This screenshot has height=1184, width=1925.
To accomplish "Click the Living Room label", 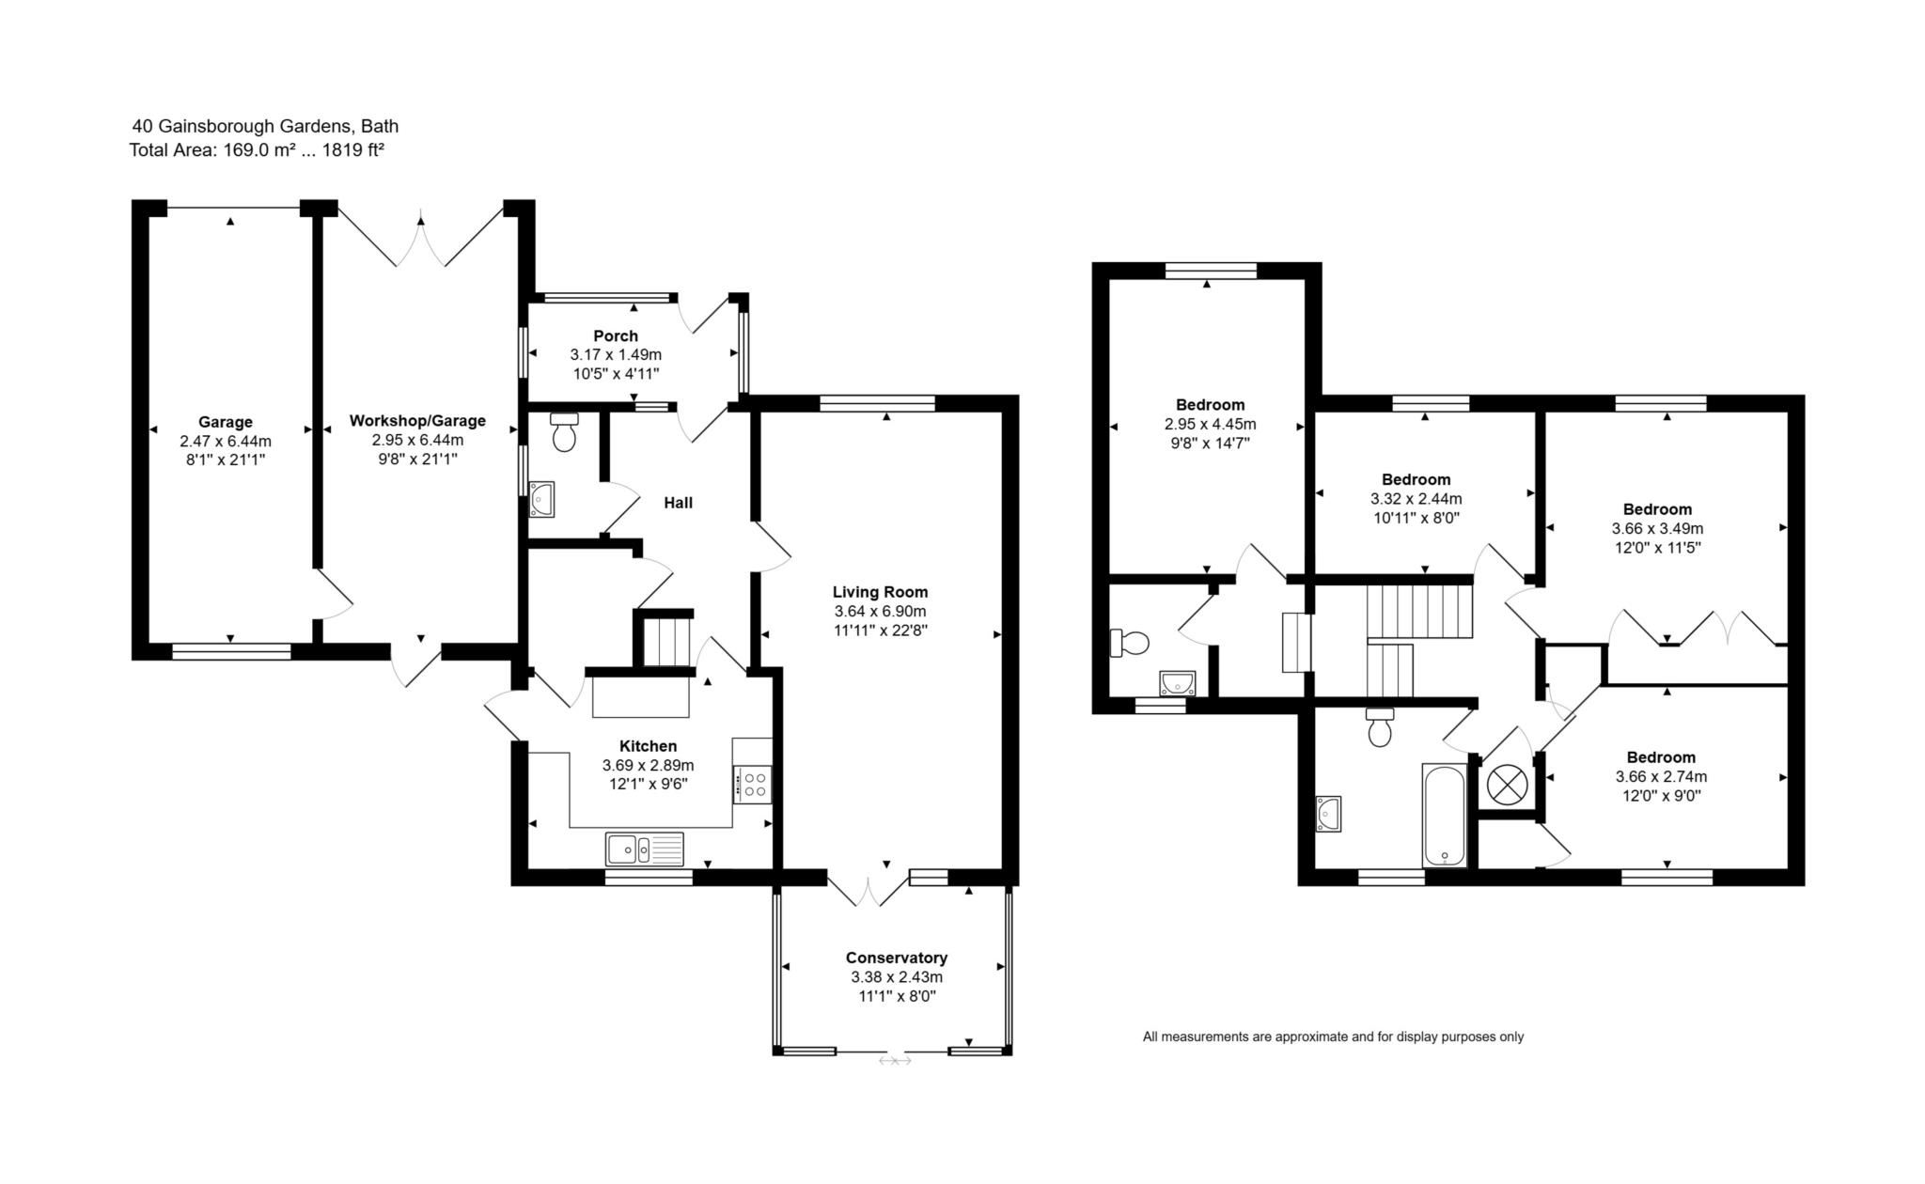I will coord(880,592).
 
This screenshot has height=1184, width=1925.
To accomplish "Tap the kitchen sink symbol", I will coord(645,849).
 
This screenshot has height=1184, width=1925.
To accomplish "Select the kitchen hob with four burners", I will coord(753,784).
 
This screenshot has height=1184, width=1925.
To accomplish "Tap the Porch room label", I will coord(616,335).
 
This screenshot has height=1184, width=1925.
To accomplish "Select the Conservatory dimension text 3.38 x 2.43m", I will coord(897,977).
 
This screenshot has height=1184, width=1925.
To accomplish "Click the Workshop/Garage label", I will coord(417,421).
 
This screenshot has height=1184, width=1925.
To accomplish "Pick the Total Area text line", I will coord(257,149).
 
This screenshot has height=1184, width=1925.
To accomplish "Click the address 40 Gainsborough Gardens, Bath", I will coord(265,126).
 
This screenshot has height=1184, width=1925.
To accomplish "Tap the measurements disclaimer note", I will coord(1333,1036).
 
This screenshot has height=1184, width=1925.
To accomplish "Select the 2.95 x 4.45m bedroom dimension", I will coord(1210,425).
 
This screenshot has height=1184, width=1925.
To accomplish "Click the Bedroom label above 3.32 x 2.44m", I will coord(1416,479).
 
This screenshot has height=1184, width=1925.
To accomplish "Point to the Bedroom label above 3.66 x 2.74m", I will coord(1661,757).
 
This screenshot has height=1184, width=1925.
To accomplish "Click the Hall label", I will coord(678,503).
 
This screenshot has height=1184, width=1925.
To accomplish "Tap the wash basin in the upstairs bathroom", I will coord(1329,814).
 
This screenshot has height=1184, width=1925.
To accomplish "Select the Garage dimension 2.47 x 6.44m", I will coord(226,441).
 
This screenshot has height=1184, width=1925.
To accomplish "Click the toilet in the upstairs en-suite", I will coord(1131,643).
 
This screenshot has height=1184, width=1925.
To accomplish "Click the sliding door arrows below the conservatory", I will coord(895,1061).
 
